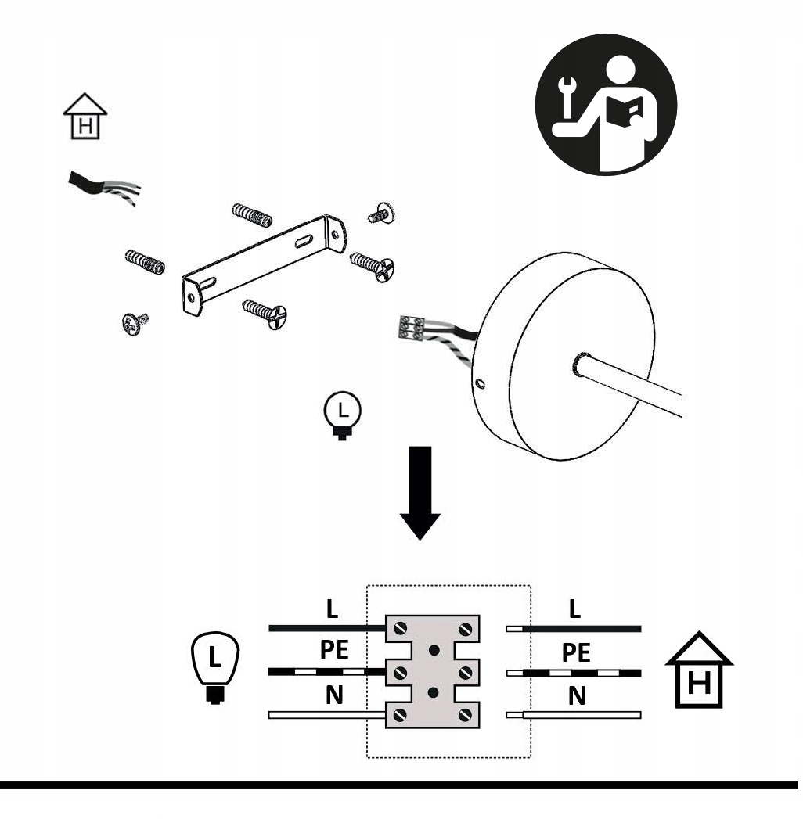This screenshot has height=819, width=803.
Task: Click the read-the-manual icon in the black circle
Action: [606, 103]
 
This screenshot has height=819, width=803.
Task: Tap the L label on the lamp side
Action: [333, 611]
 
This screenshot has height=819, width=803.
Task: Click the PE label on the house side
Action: [576, 653]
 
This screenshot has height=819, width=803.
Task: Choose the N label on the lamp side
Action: [333, 695]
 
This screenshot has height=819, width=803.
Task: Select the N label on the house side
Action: [576, 695]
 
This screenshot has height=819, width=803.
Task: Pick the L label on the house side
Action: [575, 611]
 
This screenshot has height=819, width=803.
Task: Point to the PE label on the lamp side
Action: [334, 653]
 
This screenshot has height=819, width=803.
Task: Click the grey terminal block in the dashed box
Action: [432, 670]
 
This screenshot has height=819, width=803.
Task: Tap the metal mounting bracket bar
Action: [263, 262]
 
